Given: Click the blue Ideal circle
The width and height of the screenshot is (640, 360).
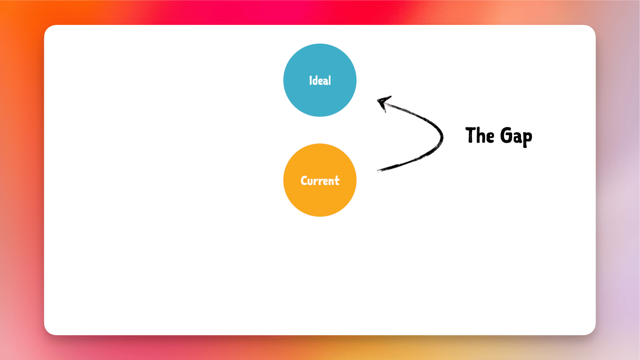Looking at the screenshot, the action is (320, 80).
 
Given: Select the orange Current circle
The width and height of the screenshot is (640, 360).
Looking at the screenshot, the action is (320, 180).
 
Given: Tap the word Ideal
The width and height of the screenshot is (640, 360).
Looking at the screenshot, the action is (320, 80).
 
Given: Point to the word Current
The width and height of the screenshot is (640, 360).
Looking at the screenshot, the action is (320, 181).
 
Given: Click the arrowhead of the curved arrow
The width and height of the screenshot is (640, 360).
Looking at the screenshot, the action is (383, 102).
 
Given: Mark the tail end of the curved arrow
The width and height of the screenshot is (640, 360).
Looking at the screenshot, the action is (378, 171).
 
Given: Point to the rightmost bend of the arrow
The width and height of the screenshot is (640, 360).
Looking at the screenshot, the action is (442, 138).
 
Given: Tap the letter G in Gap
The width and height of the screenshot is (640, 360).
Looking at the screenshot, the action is (506, 135).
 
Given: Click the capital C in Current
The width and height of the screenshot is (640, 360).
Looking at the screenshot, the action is (304, 181).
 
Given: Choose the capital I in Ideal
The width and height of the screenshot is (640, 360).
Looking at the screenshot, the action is (311, 80).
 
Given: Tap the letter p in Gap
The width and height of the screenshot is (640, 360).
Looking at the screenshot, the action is (527, 139).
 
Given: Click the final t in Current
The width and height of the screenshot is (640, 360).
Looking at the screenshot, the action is (337, 181).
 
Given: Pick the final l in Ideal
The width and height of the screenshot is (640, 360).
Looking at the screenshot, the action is (329, 80).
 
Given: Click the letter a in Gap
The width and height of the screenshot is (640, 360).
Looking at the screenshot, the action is (517, 138).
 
